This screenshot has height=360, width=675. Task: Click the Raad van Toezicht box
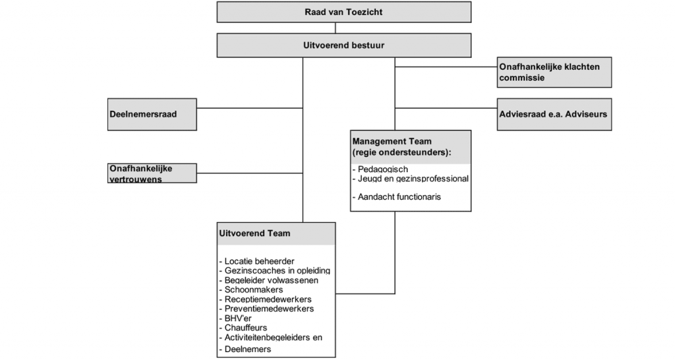tap(343, 12)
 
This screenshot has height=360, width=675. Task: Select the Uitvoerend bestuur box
tap(343, 45)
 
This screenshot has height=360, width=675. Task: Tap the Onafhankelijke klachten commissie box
tap(554, 72)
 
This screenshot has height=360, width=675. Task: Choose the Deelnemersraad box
tap(152, 114)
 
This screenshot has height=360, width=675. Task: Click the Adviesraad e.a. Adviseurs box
tap(554, 114)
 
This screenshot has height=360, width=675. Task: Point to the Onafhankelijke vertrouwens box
tap(152, 173)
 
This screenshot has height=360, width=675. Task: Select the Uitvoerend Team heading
tap(276, 233)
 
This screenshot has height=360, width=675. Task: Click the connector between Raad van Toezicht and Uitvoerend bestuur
tap(336, 28)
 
